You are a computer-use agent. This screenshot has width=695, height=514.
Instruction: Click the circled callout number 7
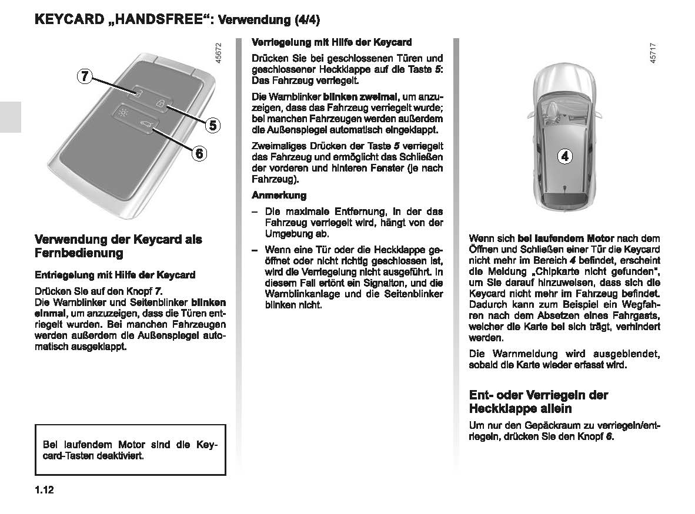tap(84, 76)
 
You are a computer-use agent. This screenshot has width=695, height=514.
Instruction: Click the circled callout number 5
tap(212, 125)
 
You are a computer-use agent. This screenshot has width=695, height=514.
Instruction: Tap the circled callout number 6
tap(199, 153)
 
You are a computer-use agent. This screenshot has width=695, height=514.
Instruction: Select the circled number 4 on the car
tap(565, 156)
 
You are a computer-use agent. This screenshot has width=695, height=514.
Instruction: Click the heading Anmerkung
tap(279, 195)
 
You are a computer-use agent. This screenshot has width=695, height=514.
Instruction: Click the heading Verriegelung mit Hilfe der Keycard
tap(332, 42)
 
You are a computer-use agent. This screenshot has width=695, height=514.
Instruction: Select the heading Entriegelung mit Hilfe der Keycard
tap(115, 274)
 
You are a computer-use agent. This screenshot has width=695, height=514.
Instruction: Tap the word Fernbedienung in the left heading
tap(79, 253)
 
